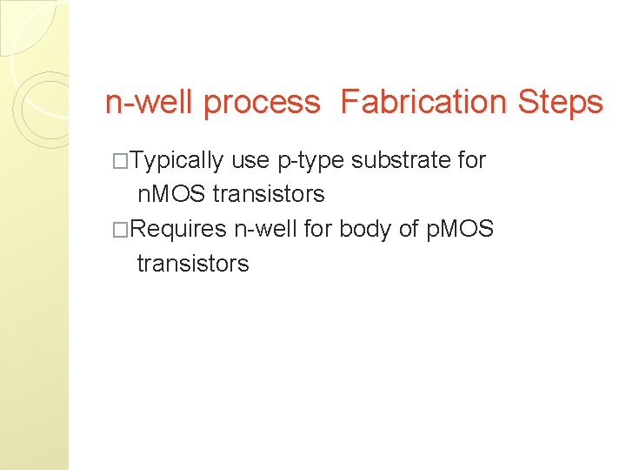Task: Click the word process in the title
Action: pos(262,104)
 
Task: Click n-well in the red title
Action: pos(150,103)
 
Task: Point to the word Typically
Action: pos(178,161)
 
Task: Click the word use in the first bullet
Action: pos(250,161)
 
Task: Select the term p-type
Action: pos(310,161)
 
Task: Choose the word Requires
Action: pos(179,229)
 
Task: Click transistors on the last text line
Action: pos(193,263)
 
